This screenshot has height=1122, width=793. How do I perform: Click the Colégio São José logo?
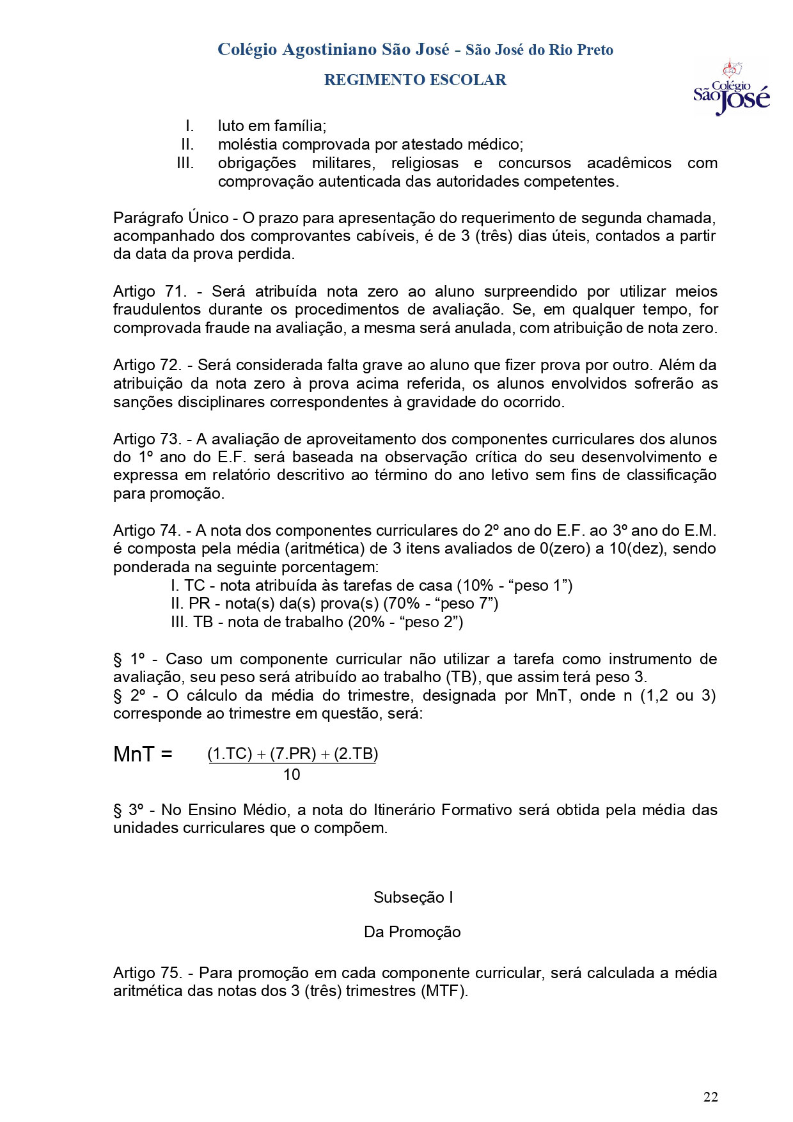tap(731, 88)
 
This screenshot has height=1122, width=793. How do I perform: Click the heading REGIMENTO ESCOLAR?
tap(415, 80)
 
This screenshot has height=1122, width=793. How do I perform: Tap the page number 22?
tap(711, 1097)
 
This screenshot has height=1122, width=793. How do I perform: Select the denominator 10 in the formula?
tap(291, 775)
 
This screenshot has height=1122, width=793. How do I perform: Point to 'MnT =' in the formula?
tap(143, 755)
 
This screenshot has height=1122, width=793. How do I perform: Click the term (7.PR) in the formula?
tap(293, 754)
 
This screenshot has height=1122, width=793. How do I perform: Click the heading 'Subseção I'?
tap(413, 897)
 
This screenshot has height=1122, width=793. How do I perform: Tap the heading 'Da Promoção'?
tap(412, 931)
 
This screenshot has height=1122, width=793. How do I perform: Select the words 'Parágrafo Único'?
tap(171, 217)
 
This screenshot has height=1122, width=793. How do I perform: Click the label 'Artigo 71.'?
tap(150, 292)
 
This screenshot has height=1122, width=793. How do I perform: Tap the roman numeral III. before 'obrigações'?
tap(185, 163)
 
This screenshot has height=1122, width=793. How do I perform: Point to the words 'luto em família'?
tap(271, 125)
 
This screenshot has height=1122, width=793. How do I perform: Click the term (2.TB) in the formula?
tap(356, 754)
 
